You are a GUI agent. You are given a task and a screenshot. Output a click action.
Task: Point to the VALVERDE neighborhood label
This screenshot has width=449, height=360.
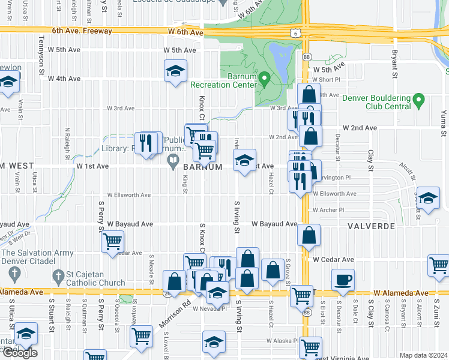(370, 226)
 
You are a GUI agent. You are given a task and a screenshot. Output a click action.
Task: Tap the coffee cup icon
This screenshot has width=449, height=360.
(343, 279)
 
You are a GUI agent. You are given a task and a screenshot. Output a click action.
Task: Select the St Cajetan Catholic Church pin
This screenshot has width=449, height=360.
(58, 275)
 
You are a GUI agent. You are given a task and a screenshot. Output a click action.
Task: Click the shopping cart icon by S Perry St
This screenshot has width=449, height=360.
(112, 242)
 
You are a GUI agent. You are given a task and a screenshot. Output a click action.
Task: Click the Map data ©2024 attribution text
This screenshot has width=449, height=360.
(423, 355)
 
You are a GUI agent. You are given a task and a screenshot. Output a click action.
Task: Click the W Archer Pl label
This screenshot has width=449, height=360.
(328, 210)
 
